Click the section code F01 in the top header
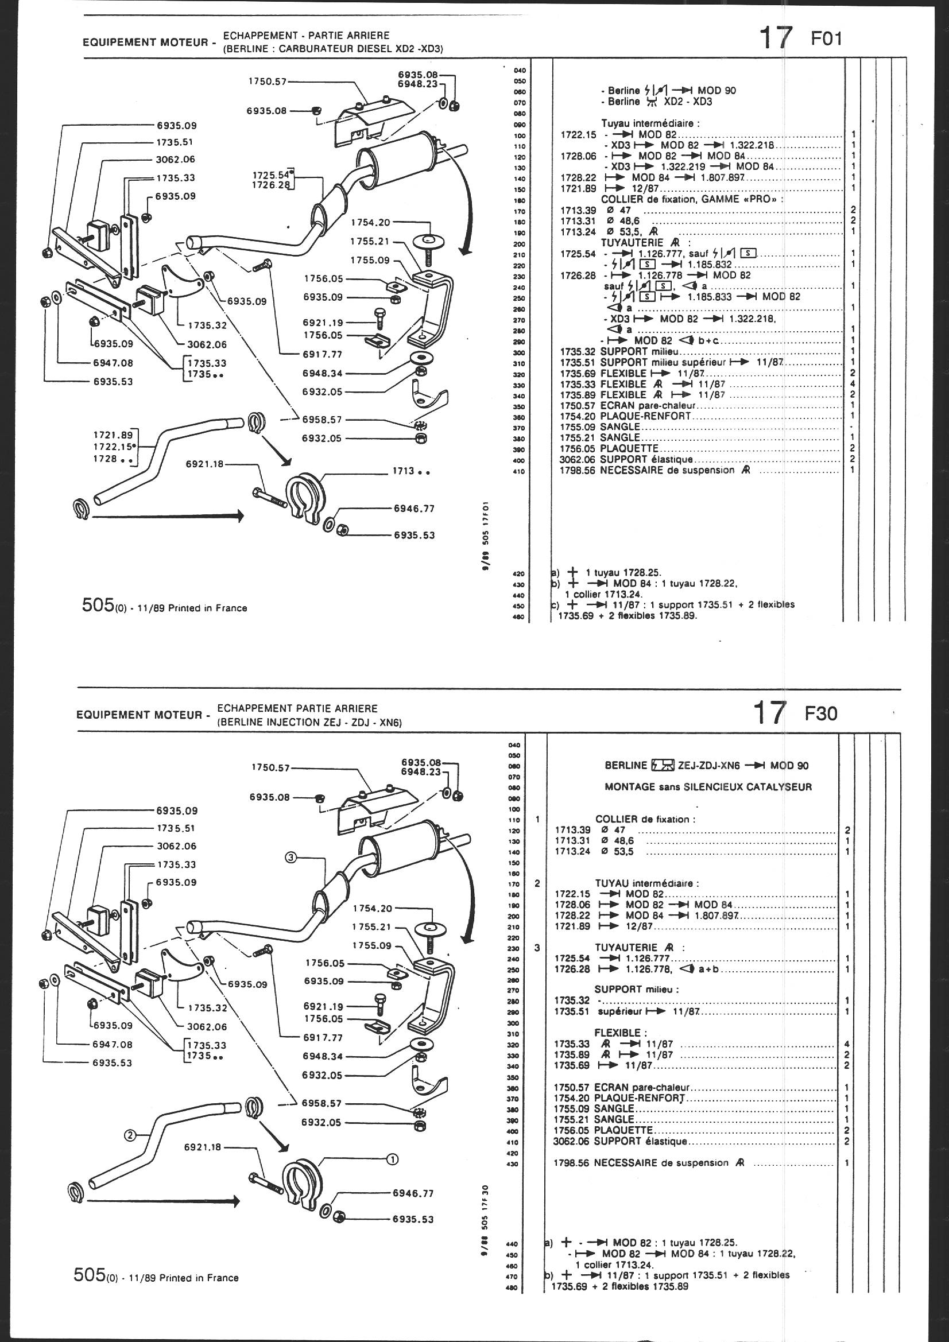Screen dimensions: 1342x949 pyautogui.click(x=827, y=39)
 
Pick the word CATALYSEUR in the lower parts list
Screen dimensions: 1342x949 pyautogui.click(x=787, y=787)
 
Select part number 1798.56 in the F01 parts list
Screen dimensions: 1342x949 pyautogui.click(x=579, y=470)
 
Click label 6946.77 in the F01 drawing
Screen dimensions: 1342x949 pyautogui.click(x=414, y=509)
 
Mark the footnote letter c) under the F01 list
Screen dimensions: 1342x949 pyautogui.click(x=555, y=604)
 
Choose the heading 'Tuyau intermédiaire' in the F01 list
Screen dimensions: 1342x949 pyautogui.click(x=650, y=123)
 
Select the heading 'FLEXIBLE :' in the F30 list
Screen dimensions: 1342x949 pyautogui.click(x=621, y=1033)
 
